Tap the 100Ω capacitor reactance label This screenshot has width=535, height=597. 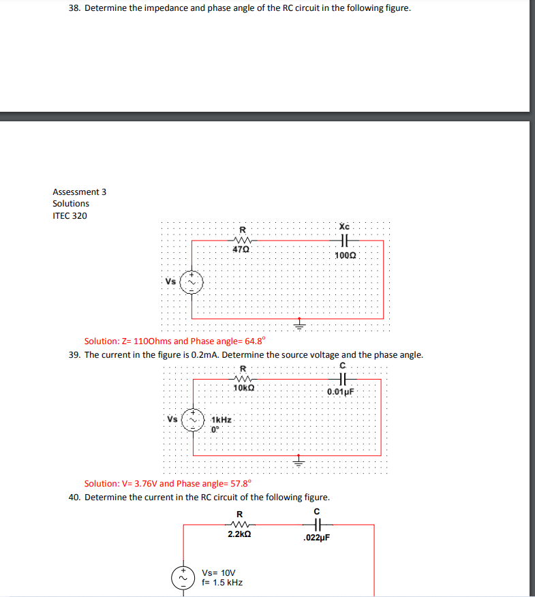click(346, 255)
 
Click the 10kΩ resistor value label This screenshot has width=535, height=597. click(243, 388)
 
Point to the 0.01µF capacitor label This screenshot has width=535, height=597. click(341, 392)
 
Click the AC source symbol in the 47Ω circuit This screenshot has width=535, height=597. click(192, 281)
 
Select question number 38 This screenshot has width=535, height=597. click(75, 9)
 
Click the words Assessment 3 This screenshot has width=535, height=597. click(79, 192)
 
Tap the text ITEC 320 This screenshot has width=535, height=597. click(70, 215)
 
